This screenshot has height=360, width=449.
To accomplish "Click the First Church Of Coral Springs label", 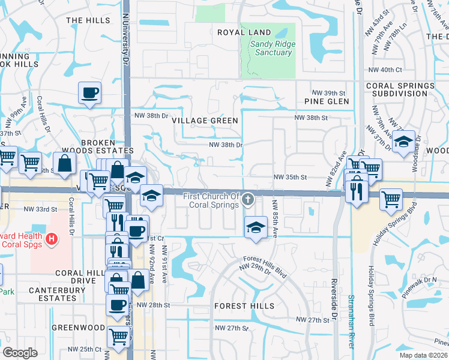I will [x=211, y=200].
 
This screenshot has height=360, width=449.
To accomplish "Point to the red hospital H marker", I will [x=52, y=239].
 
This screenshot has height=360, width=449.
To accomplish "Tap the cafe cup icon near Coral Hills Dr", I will [x=89, y=93].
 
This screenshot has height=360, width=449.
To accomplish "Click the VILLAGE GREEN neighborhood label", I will [x=205, y=120].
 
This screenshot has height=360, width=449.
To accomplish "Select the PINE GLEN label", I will [x=326, y=101].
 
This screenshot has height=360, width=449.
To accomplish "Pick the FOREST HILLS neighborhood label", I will [x=244, y=306].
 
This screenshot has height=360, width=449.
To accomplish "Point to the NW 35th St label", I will [x=290, y=178].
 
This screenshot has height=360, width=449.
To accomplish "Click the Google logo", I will [x=20, y=352].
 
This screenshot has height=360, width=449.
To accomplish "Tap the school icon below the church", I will [x=256, y=227].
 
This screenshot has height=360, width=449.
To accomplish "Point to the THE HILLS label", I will [x=88, y=20].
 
